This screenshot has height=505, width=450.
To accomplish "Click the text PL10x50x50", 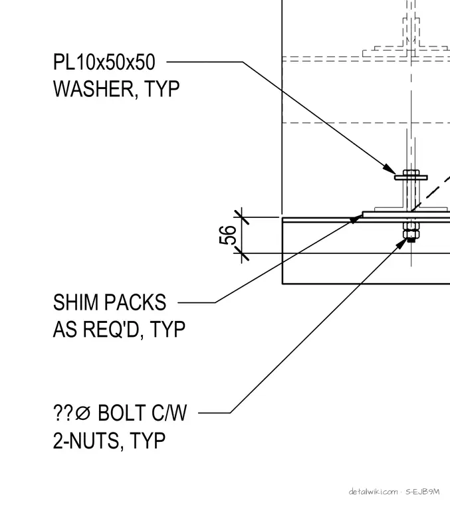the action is [x=104, y=62].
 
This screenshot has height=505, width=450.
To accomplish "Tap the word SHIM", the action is [x=75, y=302].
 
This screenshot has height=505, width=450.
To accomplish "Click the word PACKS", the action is [x=135, y=302].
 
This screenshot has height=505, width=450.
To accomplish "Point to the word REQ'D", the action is [x=111, y=330].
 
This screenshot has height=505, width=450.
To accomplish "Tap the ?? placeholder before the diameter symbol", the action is [x=63, y=413].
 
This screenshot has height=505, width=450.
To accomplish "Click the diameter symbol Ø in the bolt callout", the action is [x=83, y=413].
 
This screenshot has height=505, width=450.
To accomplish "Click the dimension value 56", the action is [x=227, y=235].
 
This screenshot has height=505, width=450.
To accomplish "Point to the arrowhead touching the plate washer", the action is [x=390, y=169].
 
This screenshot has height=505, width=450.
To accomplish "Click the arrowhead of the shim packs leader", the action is [x=356, y=219].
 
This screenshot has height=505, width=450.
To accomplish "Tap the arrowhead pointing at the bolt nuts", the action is [x=402, y=243].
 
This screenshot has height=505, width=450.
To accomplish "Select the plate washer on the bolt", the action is [x=411, y=177].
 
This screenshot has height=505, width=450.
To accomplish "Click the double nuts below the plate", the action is [x=411, y=230].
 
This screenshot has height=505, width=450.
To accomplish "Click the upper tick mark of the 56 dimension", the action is [x=241, y=217].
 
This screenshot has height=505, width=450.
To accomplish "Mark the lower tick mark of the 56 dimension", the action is [x=241, y=253].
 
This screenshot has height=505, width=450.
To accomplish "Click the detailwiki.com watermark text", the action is [x=374, y=492].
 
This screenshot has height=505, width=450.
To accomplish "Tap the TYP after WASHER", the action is [x=162, y=89].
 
